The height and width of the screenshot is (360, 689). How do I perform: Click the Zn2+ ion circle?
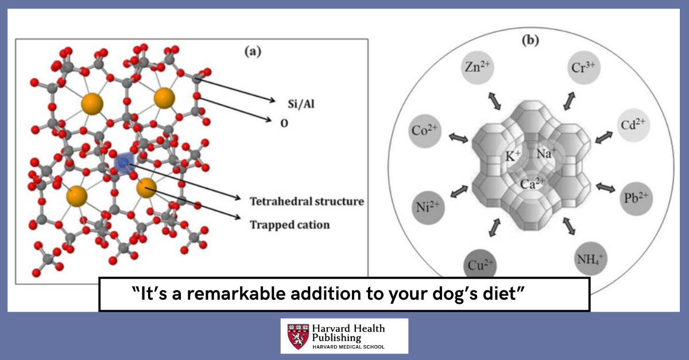(477, 67)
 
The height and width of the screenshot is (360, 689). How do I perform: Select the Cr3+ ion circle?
(583, 68)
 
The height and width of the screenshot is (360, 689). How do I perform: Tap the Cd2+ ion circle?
(633, 125)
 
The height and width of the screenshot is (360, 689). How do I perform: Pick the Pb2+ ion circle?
(636, 198)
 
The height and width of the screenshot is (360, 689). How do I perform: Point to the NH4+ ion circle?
(590, 259)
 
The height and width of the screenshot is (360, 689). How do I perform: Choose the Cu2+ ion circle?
(480, 264)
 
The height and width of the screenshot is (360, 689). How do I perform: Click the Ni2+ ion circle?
(428, 207)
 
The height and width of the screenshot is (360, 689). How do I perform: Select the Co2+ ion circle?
(425, 131)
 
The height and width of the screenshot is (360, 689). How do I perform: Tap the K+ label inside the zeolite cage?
(513, 156)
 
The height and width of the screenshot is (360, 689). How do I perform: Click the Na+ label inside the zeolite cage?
(547, 153)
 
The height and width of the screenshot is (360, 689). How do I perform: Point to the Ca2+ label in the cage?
(532, 184)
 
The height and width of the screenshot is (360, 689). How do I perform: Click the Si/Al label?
(301, 104)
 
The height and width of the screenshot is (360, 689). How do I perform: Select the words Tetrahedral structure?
(307, 201)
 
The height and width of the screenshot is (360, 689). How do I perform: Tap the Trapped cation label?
(289, 224)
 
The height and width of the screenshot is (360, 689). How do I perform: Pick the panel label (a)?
(253, 52)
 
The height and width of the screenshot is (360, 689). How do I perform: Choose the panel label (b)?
(531, 40)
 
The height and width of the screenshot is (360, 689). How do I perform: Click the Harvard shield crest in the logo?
(298, 336)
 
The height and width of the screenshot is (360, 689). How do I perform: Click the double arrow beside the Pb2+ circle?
(605, 187)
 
